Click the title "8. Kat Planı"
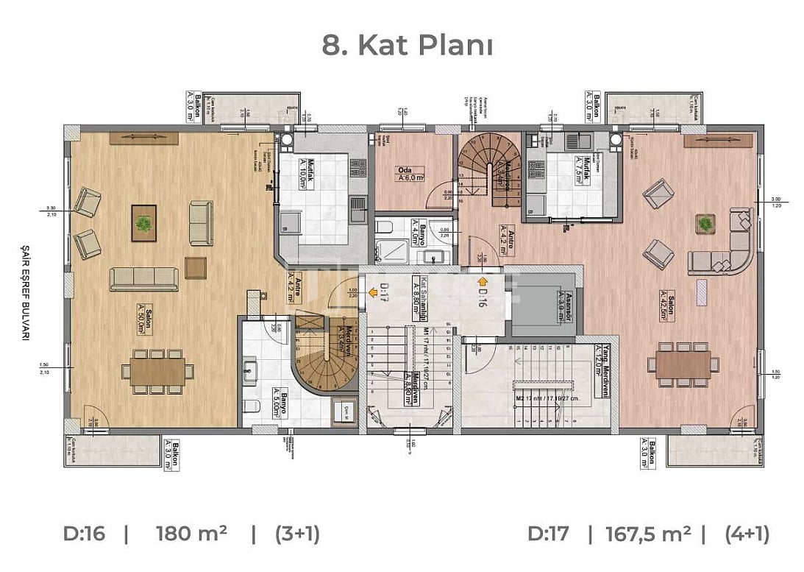click(x=407, y=45)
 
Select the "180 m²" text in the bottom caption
click(x=191, y=534)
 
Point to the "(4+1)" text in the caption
click(x=747, y=534)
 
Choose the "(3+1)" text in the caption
click(x=296, y=534)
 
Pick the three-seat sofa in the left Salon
click(x=143, y=279)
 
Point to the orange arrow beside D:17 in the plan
click(x=373, y=293)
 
